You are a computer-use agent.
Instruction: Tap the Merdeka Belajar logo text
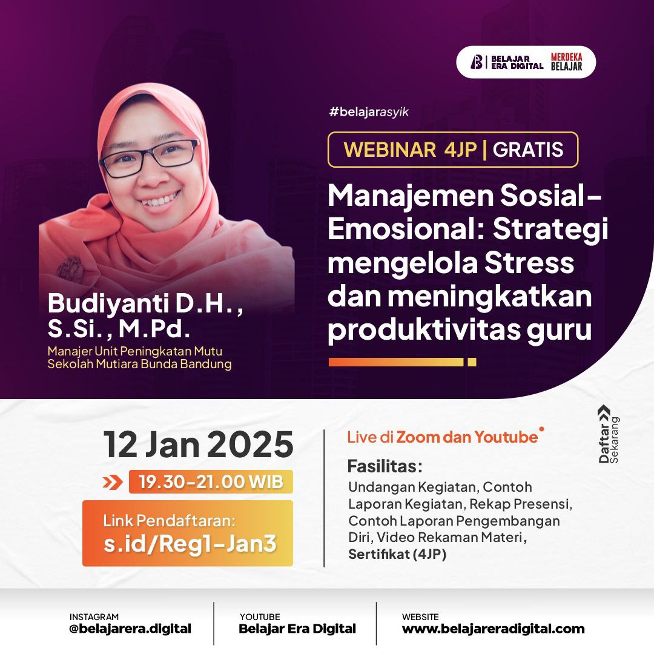point(566,62)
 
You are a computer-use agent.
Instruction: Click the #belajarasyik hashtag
point(368,112)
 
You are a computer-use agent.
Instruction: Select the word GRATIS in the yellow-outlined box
point(528,150)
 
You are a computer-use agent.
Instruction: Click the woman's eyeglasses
point(149,156)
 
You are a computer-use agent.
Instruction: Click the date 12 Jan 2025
point(198,444)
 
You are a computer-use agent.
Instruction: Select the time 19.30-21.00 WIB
point(211,482)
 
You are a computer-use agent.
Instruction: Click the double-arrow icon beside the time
point(113,483)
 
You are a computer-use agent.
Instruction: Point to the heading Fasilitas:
point(385,467)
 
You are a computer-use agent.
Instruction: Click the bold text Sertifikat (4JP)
point(397,554)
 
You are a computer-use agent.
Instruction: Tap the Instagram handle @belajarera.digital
point(130,629)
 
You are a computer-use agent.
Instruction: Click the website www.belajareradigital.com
point(493,629)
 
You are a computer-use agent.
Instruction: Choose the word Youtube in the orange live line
point(506,437)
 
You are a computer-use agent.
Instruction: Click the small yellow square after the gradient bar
point(472,362)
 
